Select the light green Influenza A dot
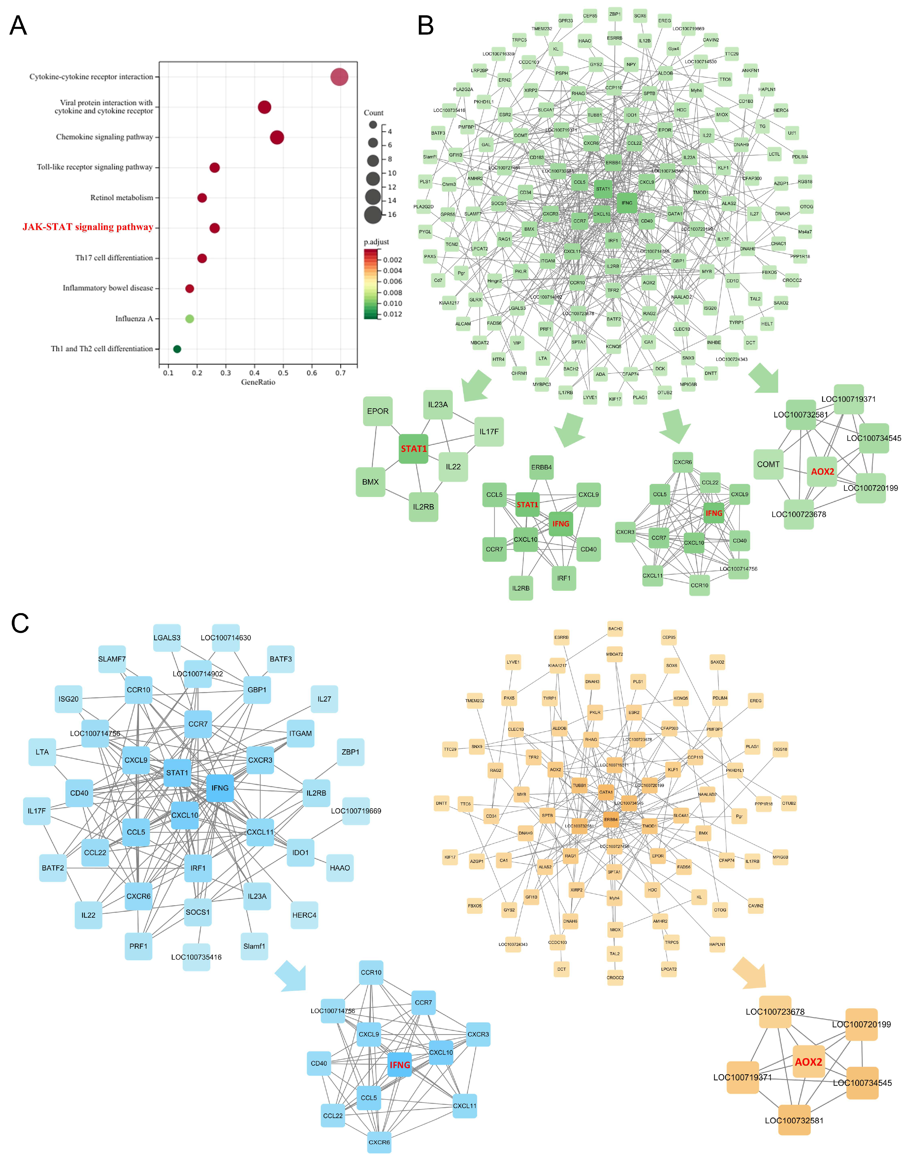[x=189, y=319]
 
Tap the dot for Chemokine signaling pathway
[x=277, y=137]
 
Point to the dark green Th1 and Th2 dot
[x=177, y=349]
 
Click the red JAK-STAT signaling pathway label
[x=88, y=227]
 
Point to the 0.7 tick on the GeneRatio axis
[x=340, y=373]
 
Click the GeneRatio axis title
[x=258, y=382]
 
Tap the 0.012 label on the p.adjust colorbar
[x=393, y=314]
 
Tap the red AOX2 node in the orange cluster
[x=809, y=1062]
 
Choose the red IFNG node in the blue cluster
[x=400, y=1065]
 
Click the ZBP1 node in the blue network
[x=350, y=752]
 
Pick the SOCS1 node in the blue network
[x=197, y=912]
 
